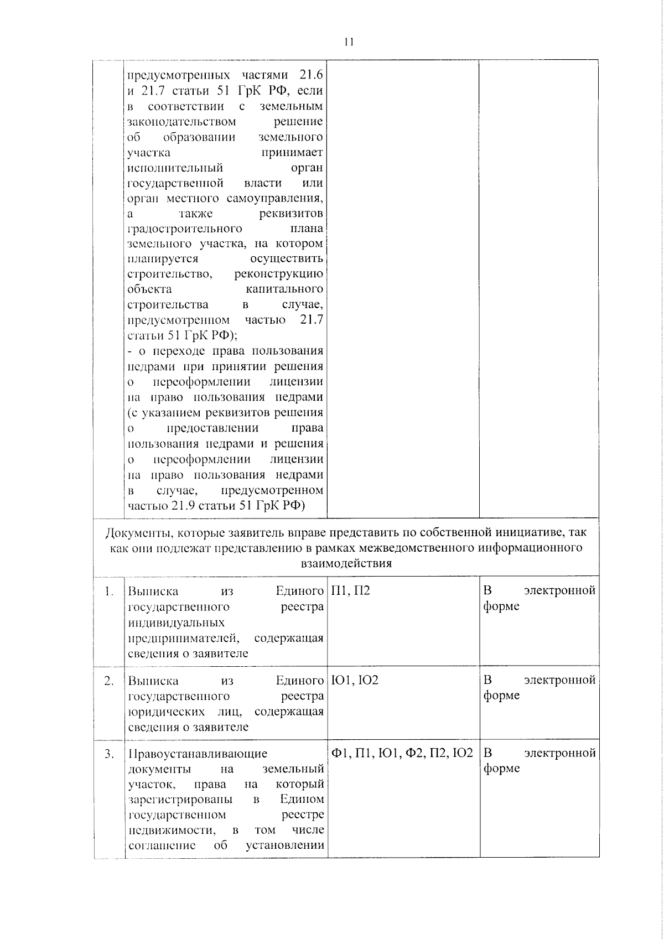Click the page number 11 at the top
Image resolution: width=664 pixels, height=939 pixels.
[348, 42]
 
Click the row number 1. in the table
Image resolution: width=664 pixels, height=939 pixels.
[109, 591]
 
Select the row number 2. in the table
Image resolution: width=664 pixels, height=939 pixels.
[109, 680]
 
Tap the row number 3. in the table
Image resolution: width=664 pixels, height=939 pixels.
[109, 753]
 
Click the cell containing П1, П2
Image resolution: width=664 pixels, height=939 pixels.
[350, 590]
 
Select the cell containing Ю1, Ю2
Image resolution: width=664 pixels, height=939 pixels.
[354, 679]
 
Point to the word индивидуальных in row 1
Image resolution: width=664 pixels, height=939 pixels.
[177, 622]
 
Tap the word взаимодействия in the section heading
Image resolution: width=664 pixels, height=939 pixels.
[346, 563]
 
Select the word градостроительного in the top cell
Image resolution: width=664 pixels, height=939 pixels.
[184, 229]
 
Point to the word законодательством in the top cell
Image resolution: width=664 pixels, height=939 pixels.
[181, 121]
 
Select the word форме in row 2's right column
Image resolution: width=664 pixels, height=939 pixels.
[501, 696]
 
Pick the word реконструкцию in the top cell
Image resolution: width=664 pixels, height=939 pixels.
[279, 274]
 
